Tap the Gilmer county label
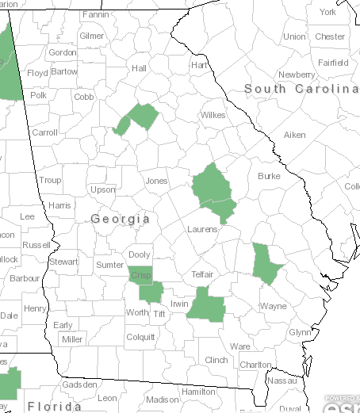(91, 36)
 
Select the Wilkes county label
(213, 115)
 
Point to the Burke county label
(269, 176)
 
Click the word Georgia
(121, 219)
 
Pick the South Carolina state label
(301, 89)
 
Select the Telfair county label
(203, 274)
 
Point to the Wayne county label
(273, 305)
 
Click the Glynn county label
(300, 332)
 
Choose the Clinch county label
(216, 360)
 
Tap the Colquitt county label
(140, 337)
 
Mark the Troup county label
(50, 181)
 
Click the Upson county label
(103, 190)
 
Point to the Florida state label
(54, 407)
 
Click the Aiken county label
(295, 135)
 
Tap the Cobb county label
(84, 97)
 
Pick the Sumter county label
(109, 264)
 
